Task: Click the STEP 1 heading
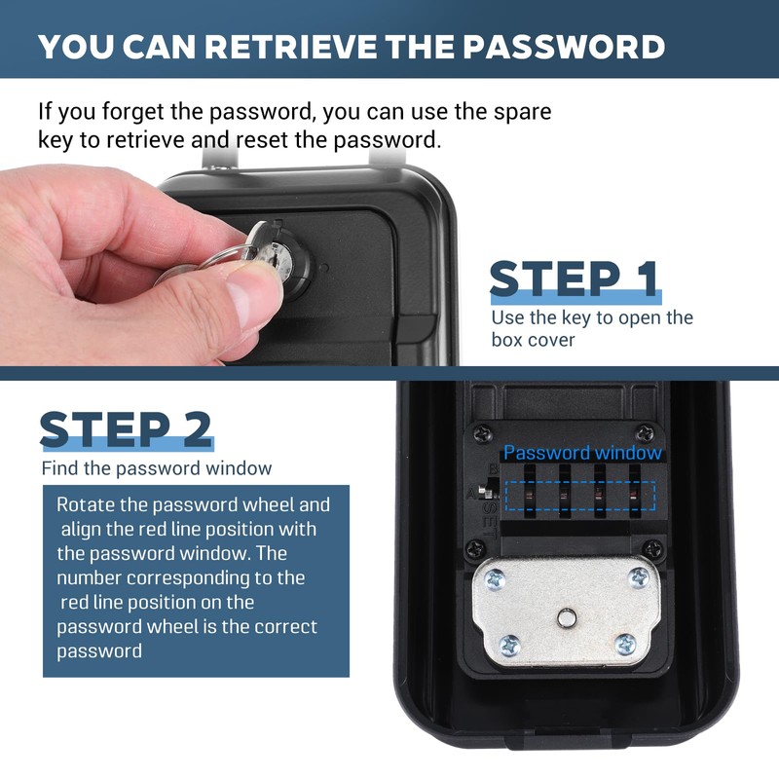[575, 279]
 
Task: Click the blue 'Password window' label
[582, 453]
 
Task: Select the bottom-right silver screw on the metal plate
[626, 643]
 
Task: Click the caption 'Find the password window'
[157, 468]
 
